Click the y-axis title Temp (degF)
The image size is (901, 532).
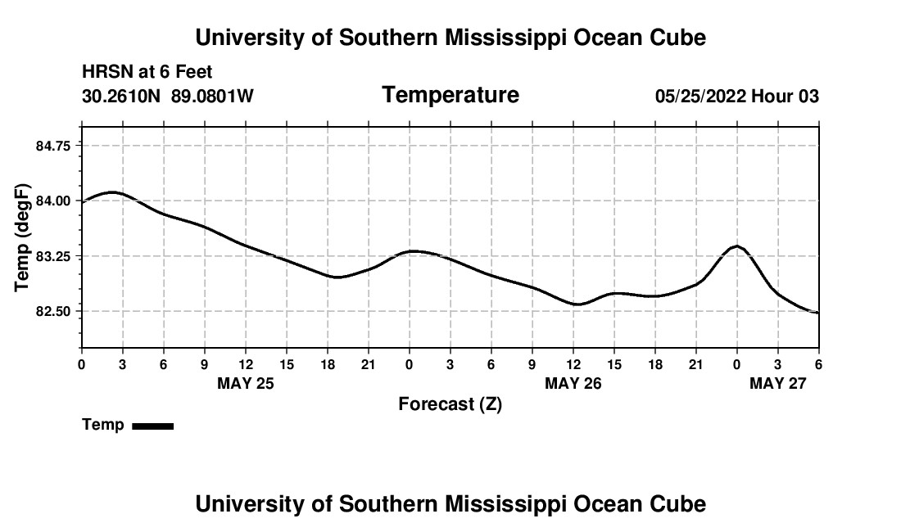[x=22, y=237]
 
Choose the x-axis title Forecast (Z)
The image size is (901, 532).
[x=450, y=404]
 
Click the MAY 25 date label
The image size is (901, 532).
[x=245, y=383]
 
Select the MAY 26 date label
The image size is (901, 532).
[x=573, y=383]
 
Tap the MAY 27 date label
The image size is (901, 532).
[x=778, y=383]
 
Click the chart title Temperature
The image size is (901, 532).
[x=450, y=95]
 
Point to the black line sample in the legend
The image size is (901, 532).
[x=152, y=426]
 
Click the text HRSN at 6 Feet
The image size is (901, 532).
[x=147, y=72]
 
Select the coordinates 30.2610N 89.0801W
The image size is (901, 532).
[x=168, y=97]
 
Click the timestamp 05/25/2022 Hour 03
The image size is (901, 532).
[x=736, y=97]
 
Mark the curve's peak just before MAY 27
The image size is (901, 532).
[x=737, y=246]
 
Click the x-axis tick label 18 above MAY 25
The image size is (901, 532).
[x=328, y=364]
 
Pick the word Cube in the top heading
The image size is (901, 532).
[x=679, y=38]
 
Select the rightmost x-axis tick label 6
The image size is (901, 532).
[x=818, y=364]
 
